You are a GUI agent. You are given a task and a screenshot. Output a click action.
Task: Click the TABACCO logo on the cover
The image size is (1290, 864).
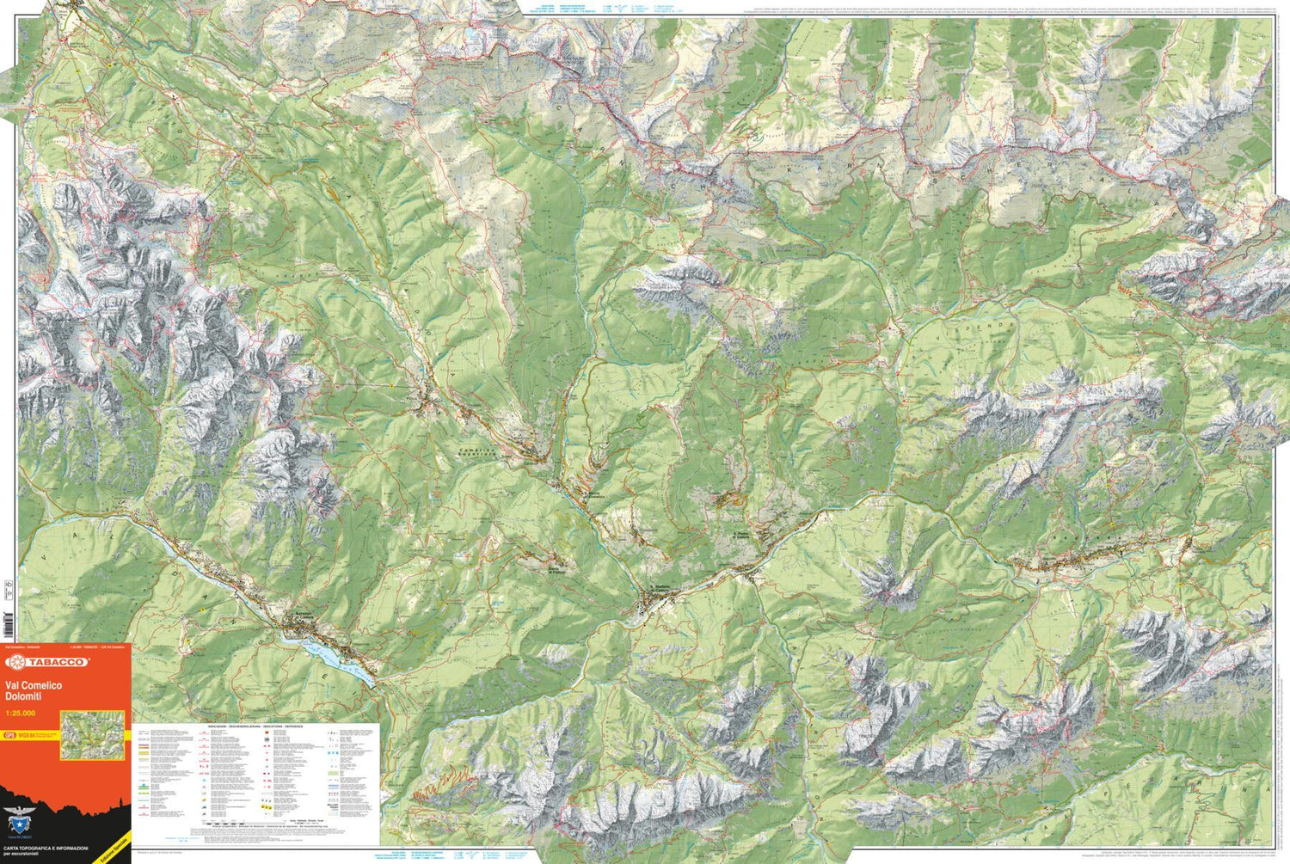coord(48,662)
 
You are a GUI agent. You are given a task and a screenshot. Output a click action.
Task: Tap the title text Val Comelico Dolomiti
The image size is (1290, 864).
coord(34,689)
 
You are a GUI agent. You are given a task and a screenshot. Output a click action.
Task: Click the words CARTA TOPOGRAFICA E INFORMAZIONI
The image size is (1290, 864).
coord(45,848)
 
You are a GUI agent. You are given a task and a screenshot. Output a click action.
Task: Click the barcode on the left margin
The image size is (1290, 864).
coord(8,624)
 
